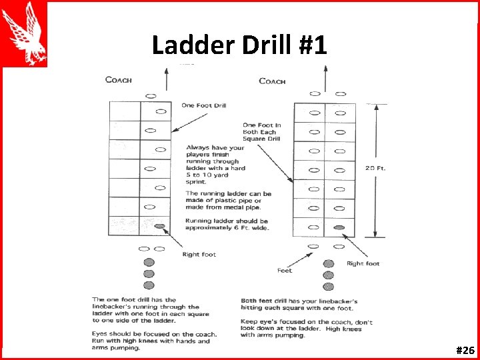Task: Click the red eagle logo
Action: point(24,33)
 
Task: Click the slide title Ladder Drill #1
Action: point(239,45)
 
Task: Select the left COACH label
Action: point(119,80)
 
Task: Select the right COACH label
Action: point(272,81)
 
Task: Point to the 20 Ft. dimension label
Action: point(375,168)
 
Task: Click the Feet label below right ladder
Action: point(285,271)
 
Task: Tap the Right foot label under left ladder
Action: point(199,254)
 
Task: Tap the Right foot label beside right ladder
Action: point(363,263)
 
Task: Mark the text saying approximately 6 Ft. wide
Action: point(227,224)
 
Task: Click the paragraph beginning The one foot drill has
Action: point(151,311)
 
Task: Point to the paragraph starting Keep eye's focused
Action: point(307,329)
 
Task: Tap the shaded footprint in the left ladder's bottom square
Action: point(159,227)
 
